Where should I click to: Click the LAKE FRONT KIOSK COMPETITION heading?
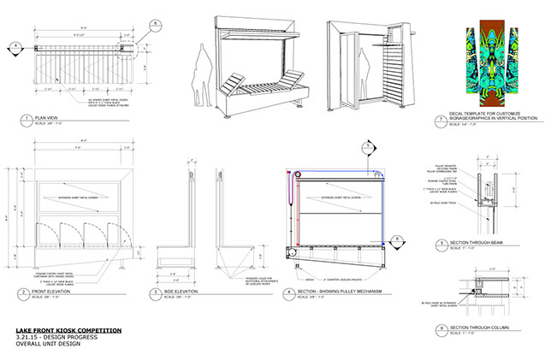(68, 330)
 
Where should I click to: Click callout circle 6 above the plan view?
(155, 23)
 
